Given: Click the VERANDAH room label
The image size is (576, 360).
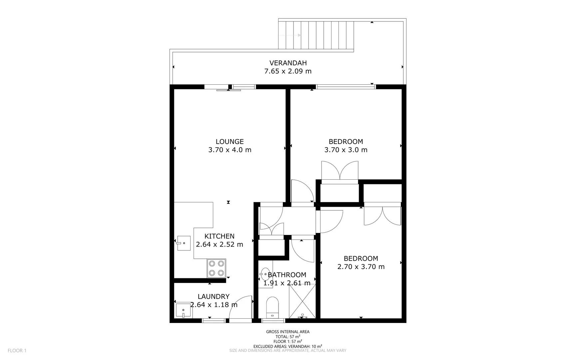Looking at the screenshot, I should [x=288, y=63].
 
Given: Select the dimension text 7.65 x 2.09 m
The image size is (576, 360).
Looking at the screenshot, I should [x=288, y=71].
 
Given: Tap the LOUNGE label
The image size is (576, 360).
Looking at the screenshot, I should [x=230, y=142].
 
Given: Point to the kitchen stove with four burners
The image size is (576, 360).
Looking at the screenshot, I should [x=216, y=268].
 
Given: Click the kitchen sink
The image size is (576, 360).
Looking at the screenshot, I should [x=183, y=243].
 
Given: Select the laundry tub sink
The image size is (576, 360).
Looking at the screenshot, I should [x=184, y=310].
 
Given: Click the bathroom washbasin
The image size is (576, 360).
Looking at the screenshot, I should [x=266, y=274].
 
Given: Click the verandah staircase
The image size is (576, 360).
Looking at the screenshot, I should [x=315, y=35].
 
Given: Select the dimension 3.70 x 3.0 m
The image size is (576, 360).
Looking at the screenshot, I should [x=346, y=150].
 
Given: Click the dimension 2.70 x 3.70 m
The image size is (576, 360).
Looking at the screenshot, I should [x=361, y=267].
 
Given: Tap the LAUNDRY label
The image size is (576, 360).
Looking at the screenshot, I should [x=214, y=297].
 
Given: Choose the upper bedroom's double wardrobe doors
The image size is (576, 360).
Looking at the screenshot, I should [x=339, y=171].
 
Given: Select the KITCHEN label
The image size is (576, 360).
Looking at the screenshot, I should [x=220, y=236].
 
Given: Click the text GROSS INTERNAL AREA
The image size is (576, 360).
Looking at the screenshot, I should [x=288, y=332].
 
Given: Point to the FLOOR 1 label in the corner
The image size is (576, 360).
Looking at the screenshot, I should [x=17, y=350].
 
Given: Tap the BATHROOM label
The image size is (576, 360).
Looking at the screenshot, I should [x=287, y=275].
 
